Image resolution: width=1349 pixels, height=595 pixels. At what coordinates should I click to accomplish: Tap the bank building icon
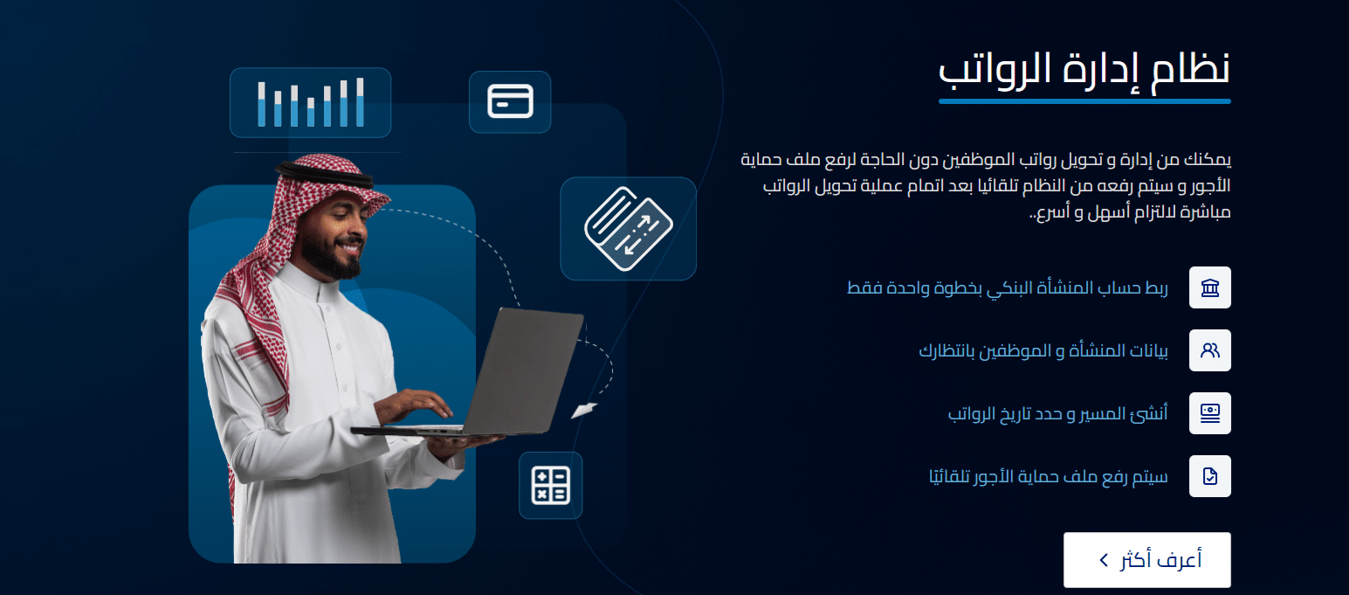tap(1210, 287)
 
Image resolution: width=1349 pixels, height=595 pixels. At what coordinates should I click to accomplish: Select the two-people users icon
tap(1210, 350)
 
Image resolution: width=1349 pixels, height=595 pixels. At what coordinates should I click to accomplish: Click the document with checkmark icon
tap(1210, 476)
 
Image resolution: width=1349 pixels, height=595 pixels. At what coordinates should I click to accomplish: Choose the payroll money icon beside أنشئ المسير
tap(1210, 413)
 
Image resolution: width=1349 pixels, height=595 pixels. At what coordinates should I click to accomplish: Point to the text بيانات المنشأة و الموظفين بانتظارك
tap(1043, 351)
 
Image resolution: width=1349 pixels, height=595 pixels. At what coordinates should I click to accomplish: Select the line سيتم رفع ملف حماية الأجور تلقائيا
tap(1049, 477)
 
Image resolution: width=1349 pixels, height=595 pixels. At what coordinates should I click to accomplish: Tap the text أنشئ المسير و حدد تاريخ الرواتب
tap(1058, 414)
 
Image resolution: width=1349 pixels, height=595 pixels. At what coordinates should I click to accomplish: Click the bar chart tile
tap(310, 102)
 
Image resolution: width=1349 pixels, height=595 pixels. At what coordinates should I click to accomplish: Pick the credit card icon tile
tap(510, 101)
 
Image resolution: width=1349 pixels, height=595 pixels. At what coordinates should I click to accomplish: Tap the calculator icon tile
tap(550, 485)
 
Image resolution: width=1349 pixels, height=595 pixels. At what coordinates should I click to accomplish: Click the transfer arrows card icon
tap(628, 228)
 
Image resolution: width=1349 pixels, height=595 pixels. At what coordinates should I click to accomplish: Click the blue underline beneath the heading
tap(1084, 101)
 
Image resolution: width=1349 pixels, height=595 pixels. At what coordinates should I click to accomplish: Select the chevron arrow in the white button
tap(1104, 560)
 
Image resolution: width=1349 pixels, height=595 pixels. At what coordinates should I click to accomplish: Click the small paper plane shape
tap(583, 411)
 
